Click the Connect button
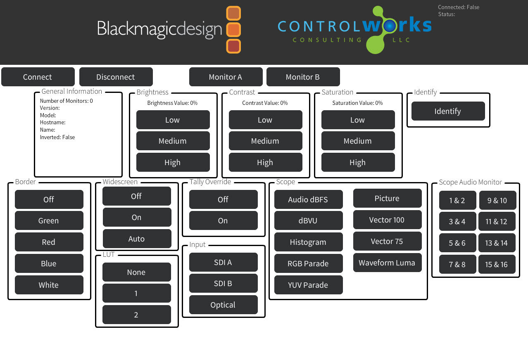point(38,77)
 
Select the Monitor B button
point(303,77)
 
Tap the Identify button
point(448,111)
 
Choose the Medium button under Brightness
point(173,141)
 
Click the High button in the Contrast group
point(265,162)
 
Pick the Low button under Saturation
point(358,120)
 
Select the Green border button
point(49,220)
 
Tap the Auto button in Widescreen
point(137,239)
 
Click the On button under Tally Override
point(224,220)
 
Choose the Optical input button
point(224,305)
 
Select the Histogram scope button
point(309,242)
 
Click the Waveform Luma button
point(387,263)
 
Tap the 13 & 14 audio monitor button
point(497,243)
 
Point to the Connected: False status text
point(459,7)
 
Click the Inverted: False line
point(57,137)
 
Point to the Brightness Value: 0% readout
point(172,103)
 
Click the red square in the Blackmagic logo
point(233,46)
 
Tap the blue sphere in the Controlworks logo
point(390,26)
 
